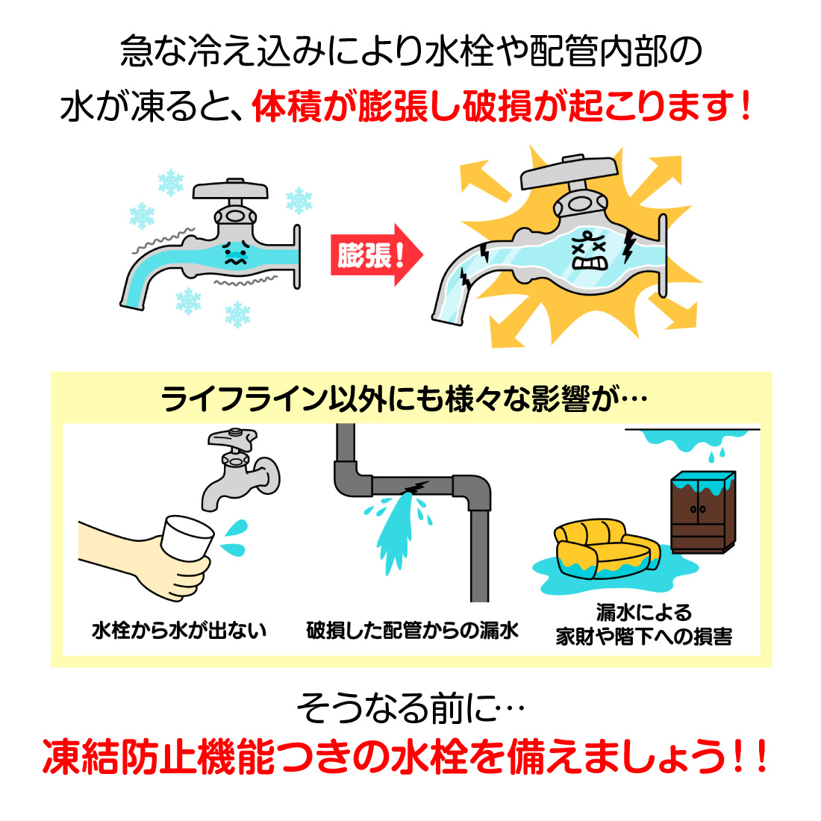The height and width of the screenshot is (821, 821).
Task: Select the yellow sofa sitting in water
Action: click(603, 551)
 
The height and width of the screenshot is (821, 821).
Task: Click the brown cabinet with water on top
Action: click(702, 513)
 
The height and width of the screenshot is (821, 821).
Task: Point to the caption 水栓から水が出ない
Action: click(179, 631)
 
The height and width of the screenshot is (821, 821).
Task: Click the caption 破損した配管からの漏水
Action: click(412, 631)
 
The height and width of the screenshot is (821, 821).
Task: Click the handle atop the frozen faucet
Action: click(230, 188)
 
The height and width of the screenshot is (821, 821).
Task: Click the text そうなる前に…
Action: click(410, 709)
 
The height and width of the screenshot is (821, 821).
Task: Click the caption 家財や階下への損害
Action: click(643, 637)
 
